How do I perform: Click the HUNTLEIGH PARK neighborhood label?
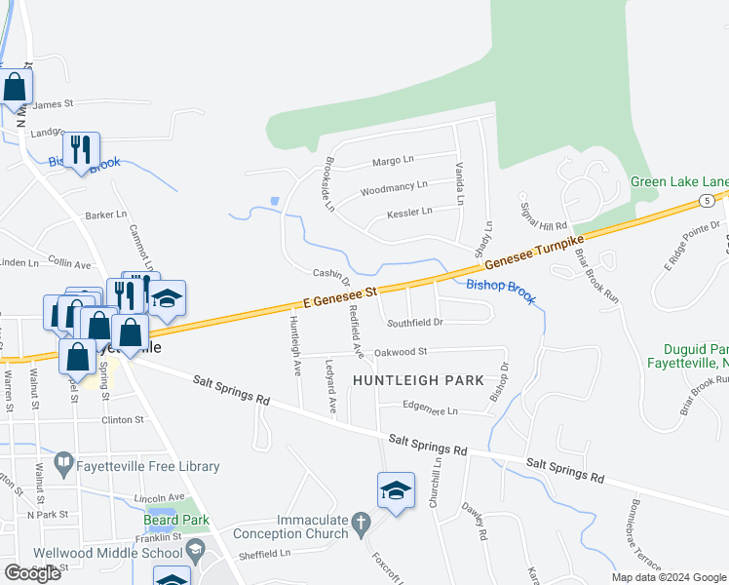[x=418, y=380]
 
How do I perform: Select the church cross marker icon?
[x=361, y=526]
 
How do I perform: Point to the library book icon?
[x=64, y=461]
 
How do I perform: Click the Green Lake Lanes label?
[x=679, y=181]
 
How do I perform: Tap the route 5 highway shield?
[x=704, y=200]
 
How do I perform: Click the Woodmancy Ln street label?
[x=394, y=186]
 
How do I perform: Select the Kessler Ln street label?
[x=408, y=213]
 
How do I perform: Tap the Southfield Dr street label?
[x=415, y=322]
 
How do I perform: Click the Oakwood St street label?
[x=402, y=351]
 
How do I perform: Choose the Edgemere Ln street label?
[x=431, y=410]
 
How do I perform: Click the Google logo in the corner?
[x=32, y=573]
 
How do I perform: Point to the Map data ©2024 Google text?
[x=669, y=577]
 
